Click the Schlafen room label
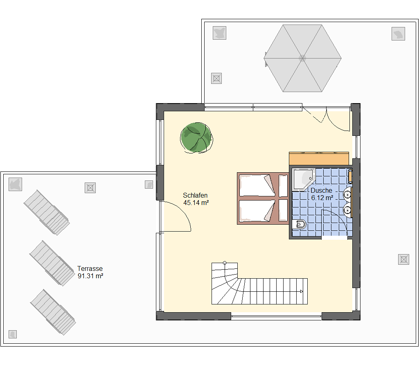(195, 195)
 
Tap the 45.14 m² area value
(196, 203)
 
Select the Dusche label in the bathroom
(321, 190)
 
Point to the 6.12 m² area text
(322, 198)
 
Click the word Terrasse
(90, 268)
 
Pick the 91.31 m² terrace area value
(90, 276)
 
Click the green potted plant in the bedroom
(196, 137)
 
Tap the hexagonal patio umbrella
(302, 58)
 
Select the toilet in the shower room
(299, 225)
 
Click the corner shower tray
(303, 179)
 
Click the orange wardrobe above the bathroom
(319, 159)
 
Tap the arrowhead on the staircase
(302, 291)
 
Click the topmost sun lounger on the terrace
(47, 212)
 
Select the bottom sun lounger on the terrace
(53, 312)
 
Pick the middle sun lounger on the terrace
(52, 264)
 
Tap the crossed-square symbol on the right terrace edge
(403, 259)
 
